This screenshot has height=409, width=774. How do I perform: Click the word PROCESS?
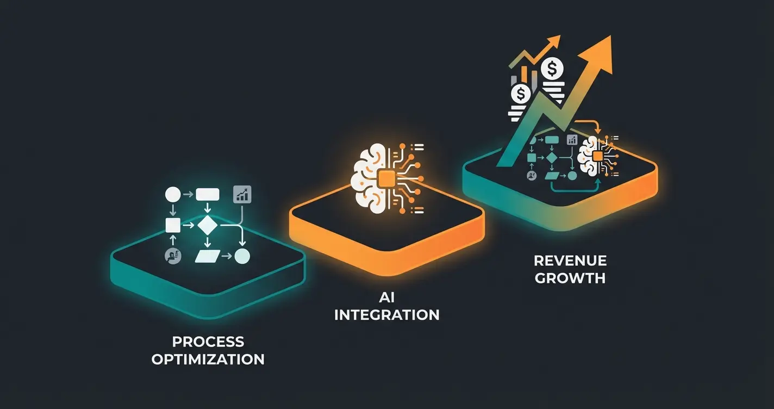(x=208, y=342)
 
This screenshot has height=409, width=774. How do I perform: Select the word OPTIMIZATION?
(x=208, y=360)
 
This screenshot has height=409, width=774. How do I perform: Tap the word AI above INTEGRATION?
(x=386, y=297)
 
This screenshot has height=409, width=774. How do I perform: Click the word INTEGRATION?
(x=386, y=314)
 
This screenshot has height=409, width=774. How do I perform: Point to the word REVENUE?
(x=570, y=260)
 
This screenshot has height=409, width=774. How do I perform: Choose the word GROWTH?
(x=570, y=278)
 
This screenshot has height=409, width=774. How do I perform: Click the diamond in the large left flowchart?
(x=207, y=224)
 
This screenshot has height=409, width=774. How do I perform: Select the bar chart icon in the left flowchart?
(x=242, y=194)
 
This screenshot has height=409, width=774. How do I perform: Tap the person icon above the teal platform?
(x=173, y=256)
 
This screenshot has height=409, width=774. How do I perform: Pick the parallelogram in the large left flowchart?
(x=207, y=256)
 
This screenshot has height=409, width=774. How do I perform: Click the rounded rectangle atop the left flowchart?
(x=207, y=194)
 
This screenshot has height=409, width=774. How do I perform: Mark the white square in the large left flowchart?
(x=173, y=224)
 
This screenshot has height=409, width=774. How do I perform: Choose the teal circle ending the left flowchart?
(x=242, y=256)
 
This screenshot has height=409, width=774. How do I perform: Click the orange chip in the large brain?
(x=386, y=177)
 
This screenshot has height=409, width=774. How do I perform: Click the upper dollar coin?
(x=552, y=69)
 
